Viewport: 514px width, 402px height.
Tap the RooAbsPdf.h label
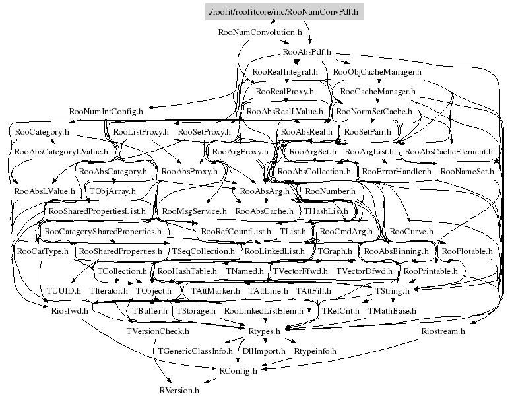306,51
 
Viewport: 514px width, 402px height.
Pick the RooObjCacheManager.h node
377,71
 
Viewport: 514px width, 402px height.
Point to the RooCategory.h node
41,132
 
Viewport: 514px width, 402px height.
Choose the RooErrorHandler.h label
396,172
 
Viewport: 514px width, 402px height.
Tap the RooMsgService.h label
193,211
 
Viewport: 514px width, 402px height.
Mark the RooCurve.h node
411,232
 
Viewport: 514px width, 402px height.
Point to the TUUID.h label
63,290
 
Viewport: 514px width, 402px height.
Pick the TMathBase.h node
392,310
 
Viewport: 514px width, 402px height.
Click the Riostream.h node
443,331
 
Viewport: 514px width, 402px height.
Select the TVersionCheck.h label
157,331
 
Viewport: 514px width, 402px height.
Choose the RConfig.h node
238,371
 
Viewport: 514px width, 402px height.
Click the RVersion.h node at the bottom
178,391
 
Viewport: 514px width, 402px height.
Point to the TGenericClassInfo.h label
195,351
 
